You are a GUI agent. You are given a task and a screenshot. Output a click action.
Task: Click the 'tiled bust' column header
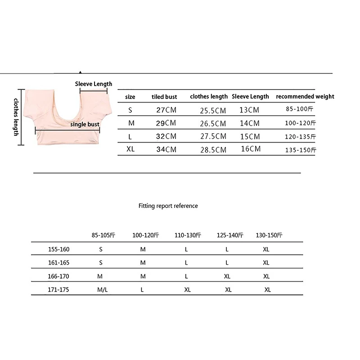164,97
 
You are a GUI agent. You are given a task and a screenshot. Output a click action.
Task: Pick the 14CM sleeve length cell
250,123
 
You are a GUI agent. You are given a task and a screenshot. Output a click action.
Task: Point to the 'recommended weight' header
305,96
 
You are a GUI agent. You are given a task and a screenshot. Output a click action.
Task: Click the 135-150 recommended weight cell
301,150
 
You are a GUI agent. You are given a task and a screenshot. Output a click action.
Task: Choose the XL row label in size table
130,149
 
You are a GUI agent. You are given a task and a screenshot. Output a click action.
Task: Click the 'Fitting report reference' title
168,206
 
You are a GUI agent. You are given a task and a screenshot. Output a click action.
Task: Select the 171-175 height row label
58,290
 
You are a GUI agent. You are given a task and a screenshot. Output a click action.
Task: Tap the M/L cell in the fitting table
102,290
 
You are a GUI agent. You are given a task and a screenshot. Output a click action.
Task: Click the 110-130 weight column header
188,235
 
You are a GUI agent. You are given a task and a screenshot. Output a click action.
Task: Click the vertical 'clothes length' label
16,117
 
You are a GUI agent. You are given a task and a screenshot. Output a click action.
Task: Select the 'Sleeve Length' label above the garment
93,84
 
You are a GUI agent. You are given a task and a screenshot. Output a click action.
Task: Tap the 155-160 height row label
58,249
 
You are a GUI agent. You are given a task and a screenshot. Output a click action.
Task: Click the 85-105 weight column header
103,235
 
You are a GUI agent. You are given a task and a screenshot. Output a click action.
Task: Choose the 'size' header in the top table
130,97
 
